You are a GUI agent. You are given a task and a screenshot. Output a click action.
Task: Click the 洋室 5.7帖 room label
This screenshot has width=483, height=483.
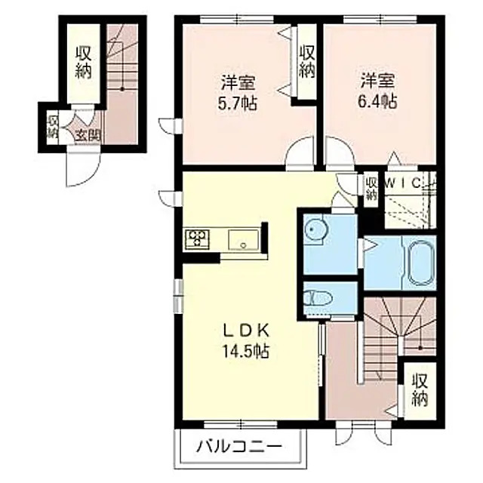click(238, 90)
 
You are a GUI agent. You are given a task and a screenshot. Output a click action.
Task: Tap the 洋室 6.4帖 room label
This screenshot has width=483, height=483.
click(377, 90)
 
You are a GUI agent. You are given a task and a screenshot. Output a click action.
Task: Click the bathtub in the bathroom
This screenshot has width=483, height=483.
click(418, 265)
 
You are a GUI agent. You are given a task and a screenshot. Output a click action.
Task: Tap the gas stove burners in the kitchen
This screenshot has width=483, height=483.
click(197, 238)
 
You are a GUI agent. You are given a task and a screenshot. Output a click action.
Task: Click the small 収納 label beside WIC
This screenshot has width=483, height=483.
click(371, 187)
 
